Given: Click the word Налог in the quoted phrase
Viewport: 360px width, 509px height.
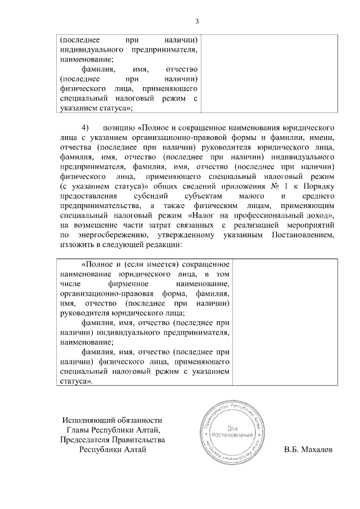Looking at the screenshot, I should [202, 215].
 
